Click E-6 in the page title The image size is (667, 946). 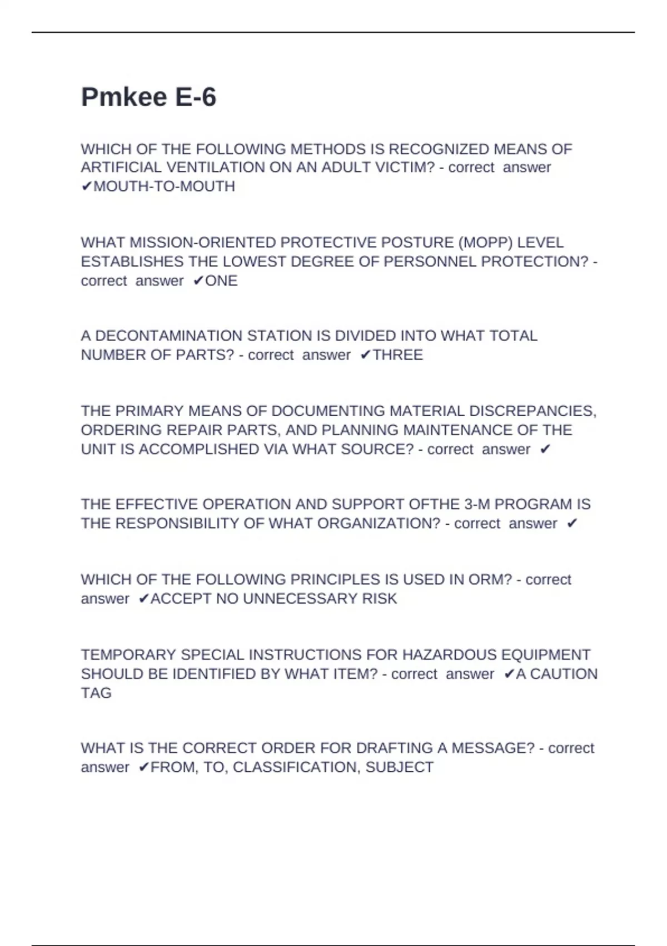(x=196, y=97)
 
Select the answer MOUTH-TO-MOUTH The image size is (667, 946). (x=164, y=186)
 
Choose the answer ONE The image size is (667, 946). (x=221, y=280)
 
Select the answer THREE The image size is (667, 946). (x=397, y=355)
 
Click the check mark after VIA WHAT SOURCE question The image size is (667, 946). (x=545, y=449)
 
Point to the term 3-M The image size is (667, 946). (x=476, y=504)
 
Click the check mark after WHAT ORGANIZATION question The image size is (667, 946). (x=572, y=524)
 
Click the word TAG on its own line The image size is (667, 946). (x=96, y=693)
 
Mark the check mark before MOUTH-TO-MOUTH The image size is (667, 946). (x=86, y=186)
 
